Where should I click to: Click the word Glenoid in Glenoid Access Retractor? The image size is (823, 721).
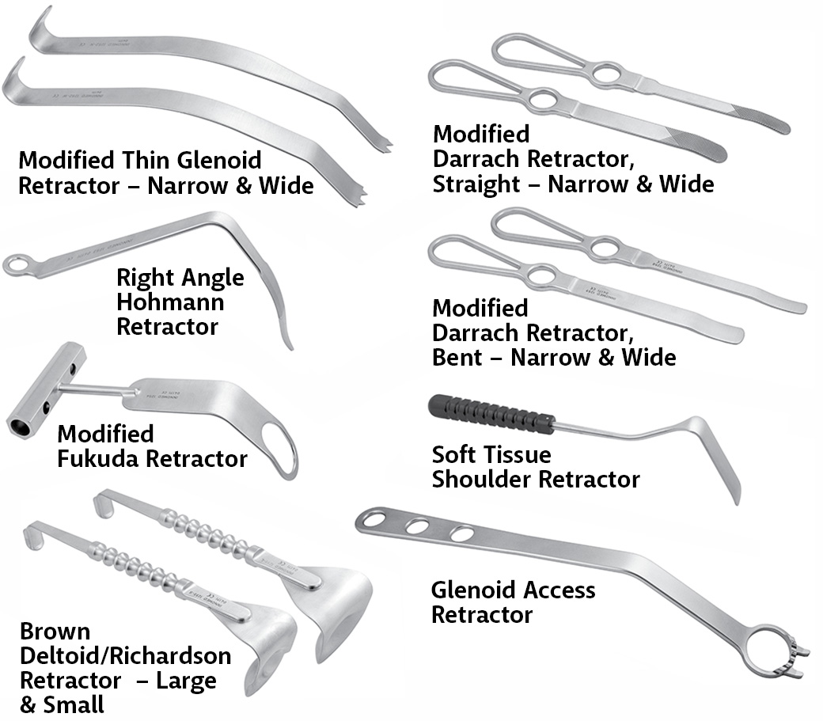(x=479, y=590)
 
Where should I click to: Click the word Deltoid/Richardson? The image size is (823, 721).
(x=125, y=656)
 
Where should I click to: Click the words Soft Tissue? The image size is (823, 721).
(x=491, y=454)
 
